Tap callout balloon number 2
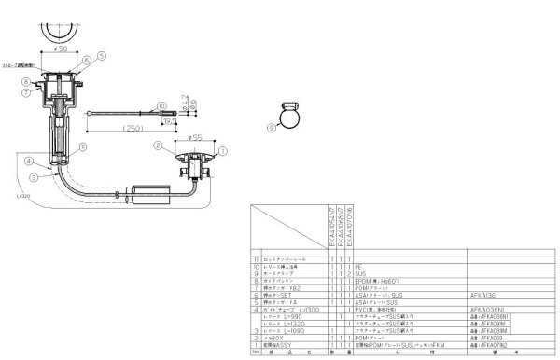[159, 145]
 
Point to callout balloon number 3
[33, 175]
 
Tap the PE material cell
[358, 266]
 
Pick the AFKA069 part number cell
[471, 337]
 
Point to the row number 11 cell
[255, 259]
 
